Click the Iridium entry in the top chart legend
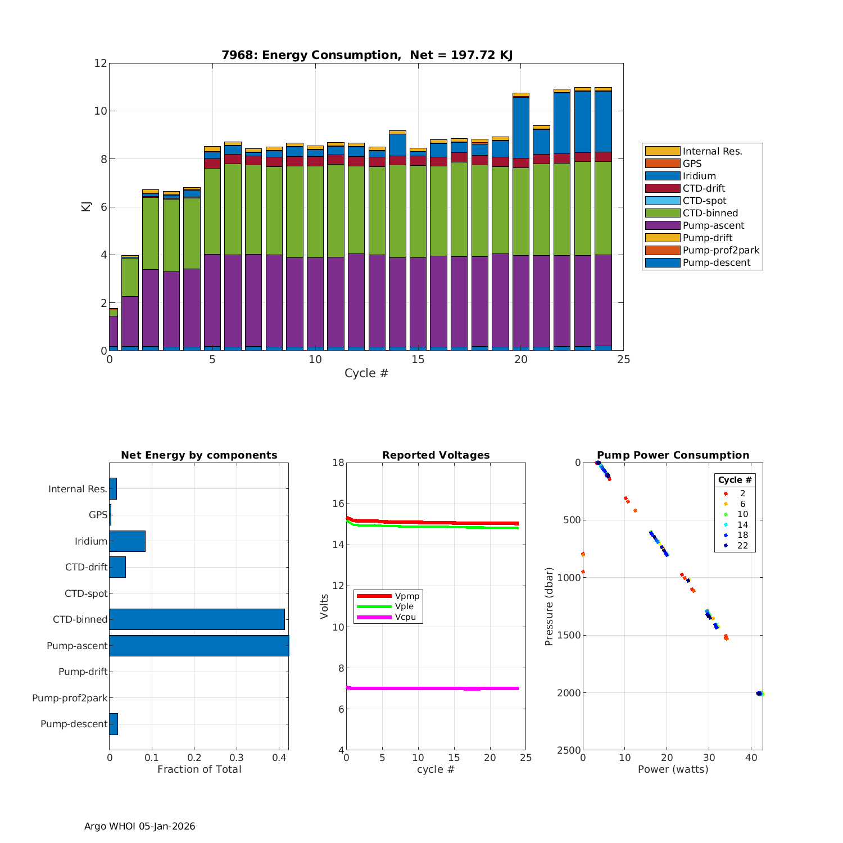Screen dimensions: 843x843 coord(699,176)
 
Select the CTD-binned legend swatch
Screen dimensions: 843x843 coord(662,213)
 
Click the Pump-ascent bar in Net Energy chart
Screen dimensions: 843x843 coord(199,646)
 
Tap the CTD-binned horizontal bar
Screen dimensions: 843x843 coord(197,619)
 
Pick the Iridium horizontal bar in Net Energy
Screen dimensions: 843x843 coord(127,541)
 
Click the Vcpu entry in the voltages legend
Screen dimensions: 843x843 coord(405,617)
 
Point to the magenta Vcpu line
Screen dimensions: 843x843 coord(433,688)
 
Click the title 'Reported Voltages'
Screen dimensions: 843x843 coord(436,455)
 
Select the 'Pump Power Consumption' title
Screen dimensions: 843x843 coord(673,455)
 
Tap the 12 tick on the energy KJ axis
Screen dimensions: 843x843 coord(101,63)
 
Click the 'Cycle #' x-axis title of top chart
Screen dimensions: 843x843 coord(366,373)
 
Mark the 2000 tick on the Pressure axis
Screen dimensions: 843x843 coord(570,693)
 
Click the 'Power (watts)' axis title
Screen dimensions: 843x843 coord(673,769)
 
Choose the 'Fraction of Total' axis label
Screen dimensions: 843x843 coord(199,769)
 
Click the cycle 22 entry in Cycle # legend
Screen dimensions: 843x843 coord(742,546)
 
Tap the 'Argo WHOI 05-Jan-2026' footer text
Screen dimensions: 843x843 coord(140,826)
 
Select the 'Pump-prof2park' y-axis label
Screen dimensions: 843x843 coord(70,698)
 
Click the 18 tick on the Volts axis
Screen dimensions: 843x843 coord(338,463)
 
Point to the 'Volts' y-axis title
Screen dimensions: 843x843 coord(324,606)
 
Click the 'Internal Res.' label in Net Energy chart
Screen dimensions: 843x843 coord(78,489)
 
